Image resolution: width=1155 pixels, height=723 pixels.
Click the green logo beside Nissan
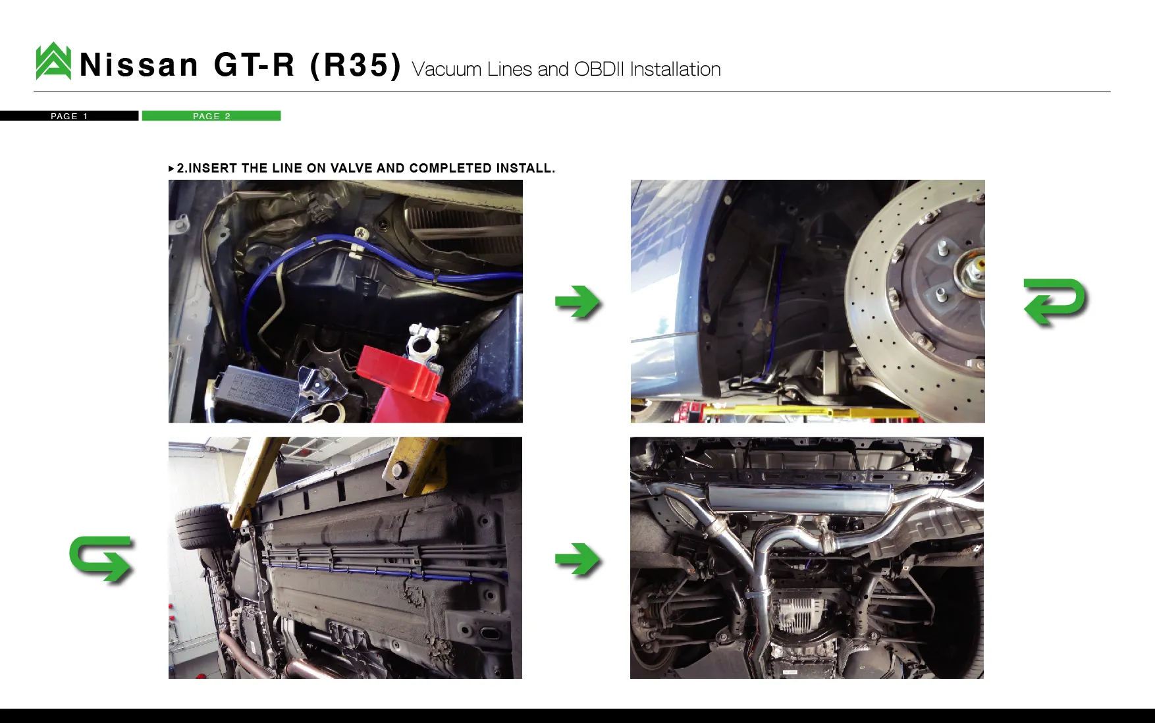pos(53,61)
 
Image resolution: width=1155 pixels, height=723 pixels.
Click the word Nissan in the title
pos(139,65)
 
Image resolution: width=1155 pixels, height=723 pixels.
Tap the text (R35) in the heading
pos(356,65)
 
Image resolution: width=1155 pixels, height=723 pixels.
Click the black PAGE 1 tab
pos(69,116)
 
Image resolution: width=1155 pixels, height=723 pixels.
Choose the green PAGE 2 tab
pos(211,116)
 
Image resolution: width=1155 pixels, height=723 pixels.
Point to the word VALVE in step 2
pos(351,168)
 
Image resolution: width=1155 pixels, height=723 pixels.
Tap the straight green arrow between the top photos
pos(577,302)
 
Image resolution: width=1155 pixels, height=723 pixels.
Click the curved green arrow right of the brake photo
pos(1055,302)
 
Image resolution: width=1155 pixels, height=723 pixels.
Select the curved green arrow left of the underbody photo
pos(101,559)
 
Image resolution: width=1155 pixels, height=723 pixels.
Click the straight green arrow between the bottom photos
pos(577,560)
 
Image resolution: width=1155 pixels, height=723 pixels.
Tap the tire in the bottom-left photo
pos(198,527)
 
